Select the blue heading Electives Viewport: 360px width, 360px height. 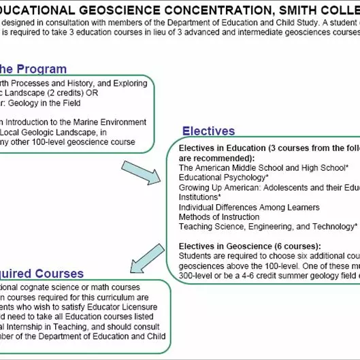pyautogui.click(x=208, y=131)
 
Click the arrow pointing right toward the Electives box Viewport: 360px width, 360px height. pyautogui.click(x=144, y=172)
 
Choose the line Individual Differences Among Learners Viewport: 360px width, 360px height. pyautogui.click(x=249, y=207)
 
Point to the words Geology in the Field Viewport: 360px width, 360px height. pyautogui.click(x=47, y=103)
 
